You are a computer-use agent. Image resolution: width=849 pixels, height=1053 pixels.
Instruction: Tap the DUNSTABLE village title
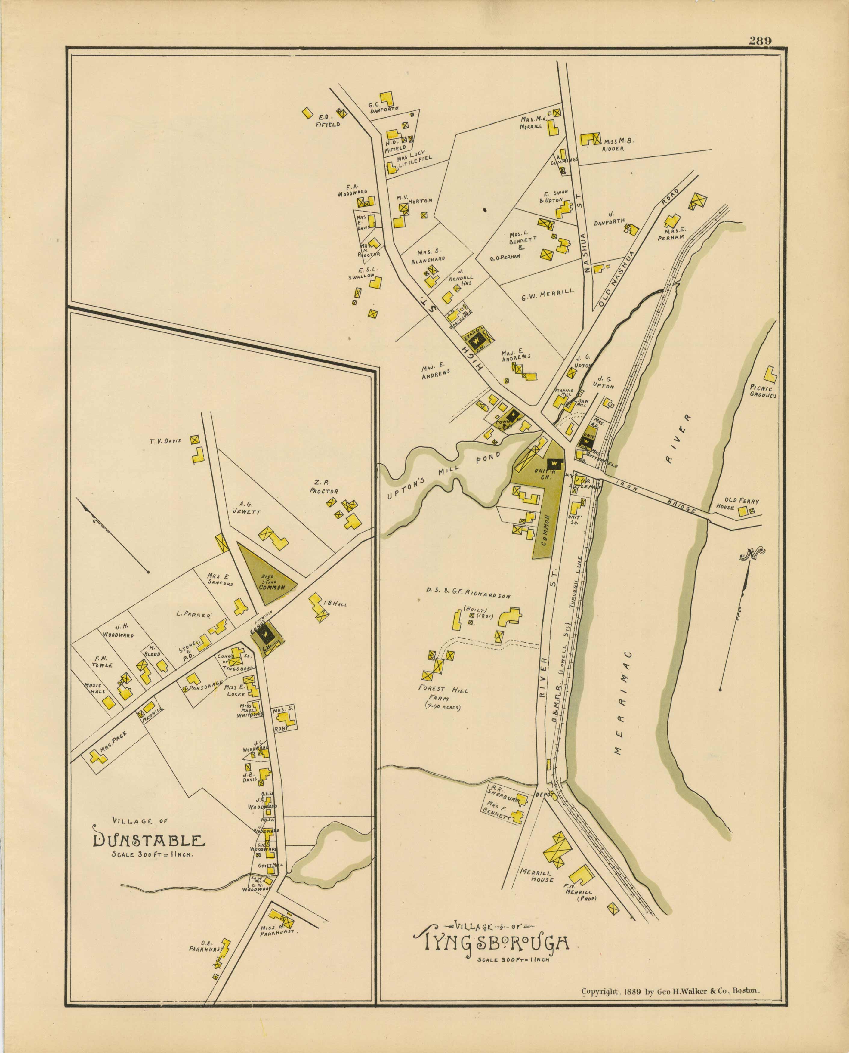(149, 841)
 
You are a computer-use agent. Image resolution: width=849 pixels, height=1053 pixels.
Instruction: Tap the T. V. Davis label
(165, 441)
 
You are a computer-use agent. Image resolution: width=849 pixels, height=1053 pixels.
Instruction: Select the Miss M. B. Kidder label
(620, 144)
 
